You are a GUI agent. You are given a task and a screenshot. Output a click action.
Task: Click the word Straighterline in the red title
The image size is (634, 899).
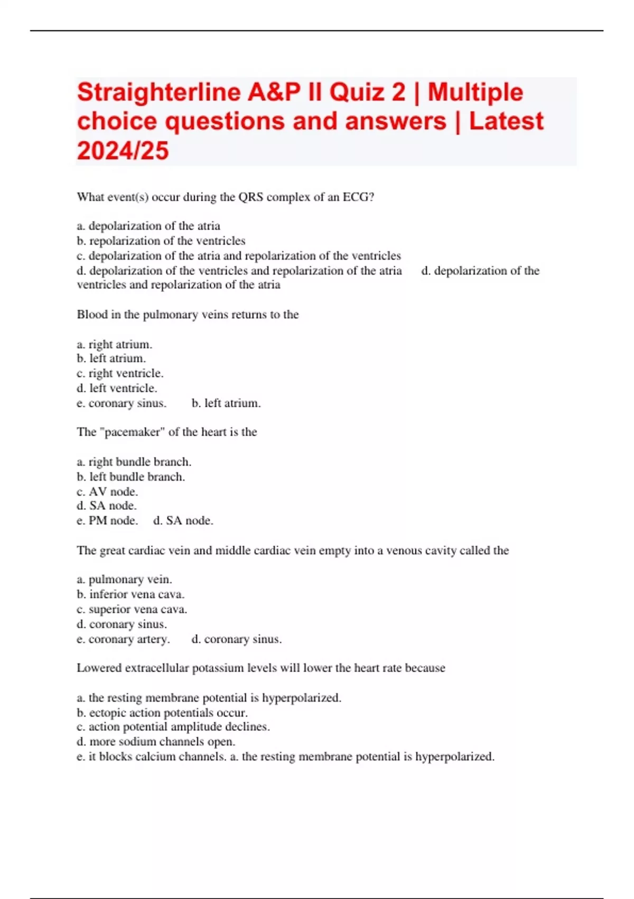pos(158,93)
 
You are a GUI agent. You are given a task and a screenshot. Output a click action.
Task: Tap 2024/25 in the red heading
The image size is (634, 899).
pos(123,151)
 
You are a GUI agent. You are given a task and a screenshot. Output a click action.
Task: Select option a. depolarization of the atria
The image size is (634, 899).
pos(148,226)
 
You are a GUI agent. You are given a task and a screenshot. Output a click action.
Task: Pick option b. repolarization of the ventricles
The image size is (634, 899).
pos(161,241)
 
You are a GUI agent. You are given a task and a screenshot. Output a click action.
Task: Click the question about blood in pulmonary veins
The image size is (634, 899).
pos(188,315)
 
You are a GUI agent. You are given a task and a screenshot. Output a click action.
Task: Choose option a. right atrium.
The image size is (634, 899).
pos(115,344)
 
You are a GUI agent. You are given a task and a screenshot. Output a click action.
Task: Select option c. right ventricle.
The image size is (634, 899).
pos(120,373)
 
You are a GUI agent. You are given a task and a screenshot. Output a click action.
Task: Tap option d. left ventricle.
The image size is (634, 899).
pos(117,388)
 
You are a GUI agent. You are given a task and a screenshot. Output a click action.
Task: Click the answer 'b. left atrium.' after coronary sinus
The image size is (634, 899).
pos(226,403)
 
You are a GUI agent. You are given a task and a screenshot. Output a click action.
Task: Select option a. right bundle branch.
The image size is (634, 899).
pos(134,462)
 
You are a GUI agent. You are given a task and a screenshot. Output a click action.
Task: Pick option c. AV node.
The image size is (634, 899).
pos(107,491)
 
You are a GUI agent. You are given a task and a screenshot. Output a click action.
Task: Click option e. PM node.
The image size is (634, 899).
pos(107,520)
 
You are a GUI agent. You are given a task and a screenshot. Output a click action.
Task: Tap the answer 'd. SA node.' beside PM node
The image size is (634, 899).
pos(183,520)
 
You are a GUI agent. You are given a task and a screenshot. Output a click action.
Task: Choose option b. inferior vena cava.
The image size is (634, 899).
pos(130,594)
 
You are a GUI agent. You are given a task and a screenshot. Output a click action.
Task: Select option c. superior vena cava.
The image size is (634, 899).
pos(132,609)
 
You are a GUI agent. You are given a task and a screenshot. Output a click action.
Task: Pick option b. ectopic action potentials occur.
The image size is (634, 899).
pos(162,712)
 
